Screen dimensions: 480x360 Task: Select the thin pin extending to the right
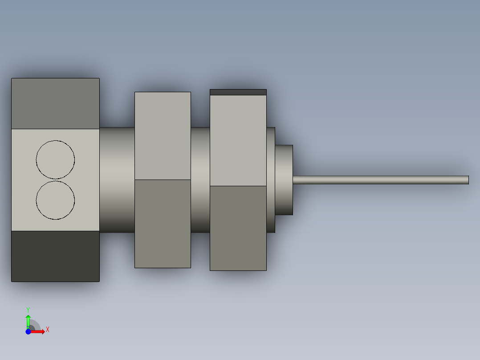381,180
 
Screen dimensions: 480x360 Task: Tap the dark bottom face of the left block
55,256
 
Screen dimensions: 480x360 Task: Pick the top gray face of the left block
55,103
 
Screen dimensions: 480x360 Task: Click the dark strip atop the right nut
238,92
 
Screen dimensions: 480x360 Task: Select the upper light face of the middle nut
163,136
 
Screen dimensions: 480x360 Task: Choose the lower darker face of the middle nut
163,224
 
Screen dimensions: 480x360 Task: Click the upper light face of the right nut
238,141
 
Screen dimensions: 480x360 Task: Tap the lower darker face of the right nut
238,228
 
